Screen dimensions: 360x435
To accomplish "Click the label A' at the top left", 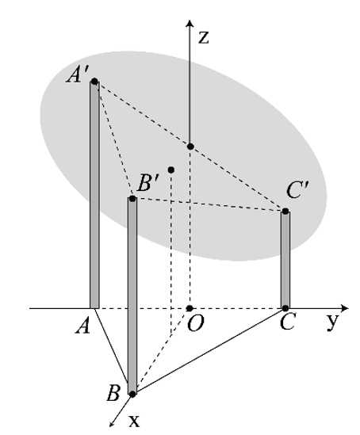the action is pos(78,75).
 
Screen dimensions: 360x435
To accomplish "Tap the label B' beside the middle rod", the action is pos(148,183).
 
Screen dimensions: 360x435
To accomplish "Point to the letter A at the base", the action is pos(83,325).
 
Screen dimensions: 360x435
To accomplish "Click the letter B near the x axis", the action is pos(113,393).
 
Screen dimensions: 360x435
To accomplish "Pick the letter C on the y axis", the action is pos(287,322).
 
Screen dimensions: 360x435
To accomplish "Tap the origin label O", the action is pos(195,323).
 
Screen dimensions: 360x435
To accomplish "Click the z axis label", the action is pos(204,37).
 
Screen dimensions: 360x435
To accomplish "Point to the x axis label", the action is pos(134,421).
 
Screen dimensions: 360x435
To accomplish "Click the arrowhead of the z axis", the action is pos(190,22).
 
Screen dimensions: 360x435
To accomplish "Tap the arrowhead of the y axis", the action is pos(345,308).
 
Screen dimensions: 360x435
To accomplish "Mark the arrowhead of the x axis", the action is pos(113,424).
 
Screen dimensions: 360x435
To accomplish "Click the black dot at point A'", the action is pos(94,82).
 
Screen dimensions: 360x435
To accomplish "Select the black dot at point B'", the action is pos(132,199).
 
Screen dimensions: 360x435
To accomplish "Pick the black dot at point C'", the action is pos(285,211).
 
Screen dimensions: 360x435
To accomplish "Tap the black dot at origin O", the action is pos(190,308).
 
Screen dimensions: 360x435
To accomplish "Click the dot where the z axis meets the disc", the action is pos(190,147).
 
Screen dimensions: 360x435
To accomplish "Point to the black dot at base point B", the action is pos(132,394).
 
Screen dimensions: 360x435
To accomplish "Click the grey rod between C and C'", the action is pos(285,259).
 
